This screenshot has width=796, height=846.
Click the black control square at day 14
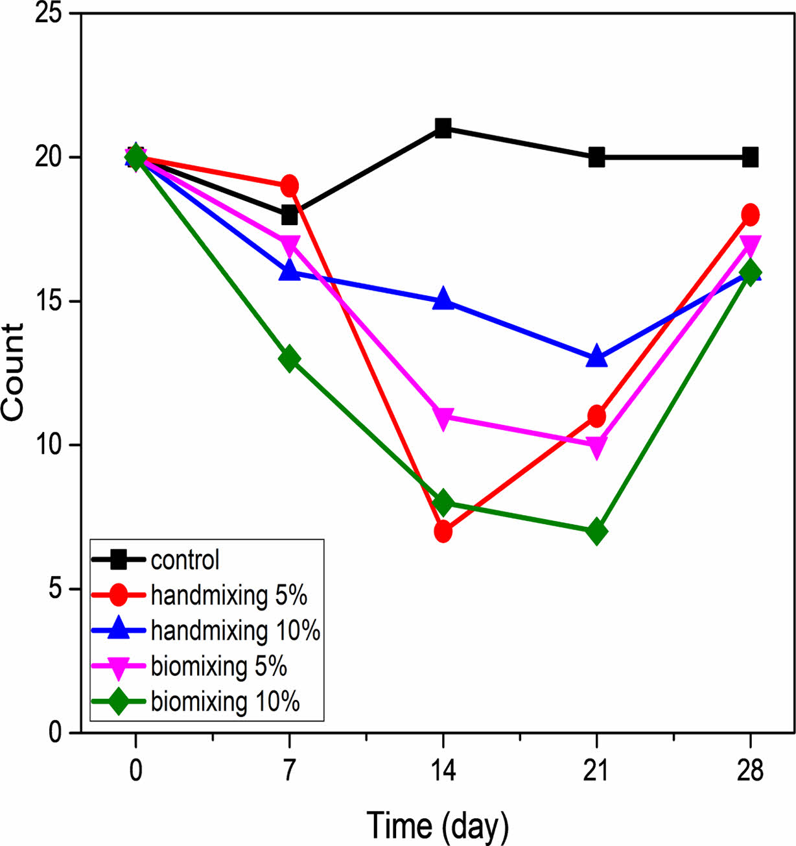[x=443, y=128]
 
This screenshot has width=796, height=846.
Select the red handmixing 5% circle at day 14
[x=443, y=532]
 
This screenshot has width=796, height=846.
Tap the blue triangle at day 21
[x=596, y=357]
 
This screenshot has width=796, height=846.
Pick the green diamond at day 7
[x=289, y=359]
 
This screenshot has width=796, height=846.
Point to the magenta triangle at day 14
[x=443, y=418]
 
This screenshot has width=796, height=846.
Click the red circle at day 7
[x=289, y=186]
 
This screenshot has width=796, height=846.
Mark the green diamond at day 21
[x=596, y=532]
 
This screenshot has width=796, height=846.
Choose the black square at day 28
[x=750, y=157]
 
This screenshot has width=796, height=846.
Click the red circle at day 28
[x=750, y=214]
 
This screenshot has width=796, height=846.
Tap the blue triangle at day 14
[x=443, y=299]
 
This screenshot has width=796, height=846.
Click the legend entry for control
[x=185, y=559]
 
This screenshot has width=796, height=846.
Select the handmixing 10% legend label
[x=235, y=630]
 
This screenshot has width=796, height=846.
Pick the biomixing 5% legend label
[x=218, y=666]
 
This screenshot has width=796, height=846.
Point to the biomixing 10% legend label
[x=225, y=701]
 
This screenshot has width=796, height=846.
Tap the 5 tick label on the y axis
[x=54, y=589]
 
